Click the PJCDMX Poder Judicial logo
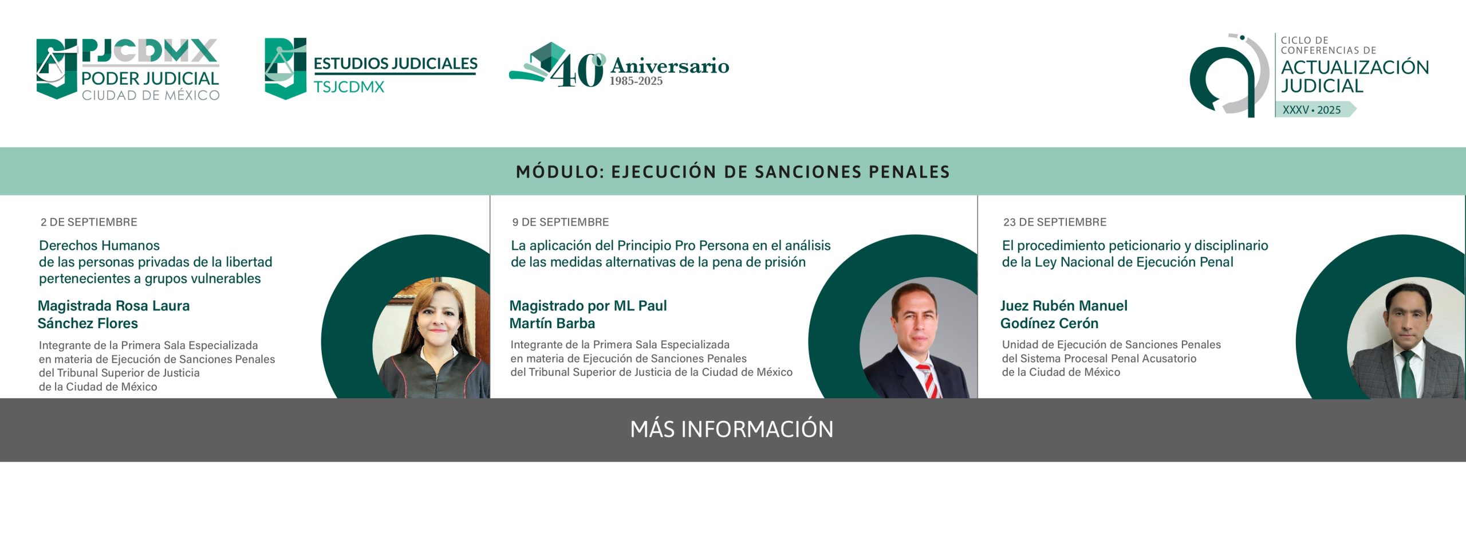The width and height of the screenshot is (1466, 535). tap(128, 69)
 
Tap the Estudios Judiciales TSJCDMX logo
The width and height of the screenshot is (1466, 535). tap(371, 69)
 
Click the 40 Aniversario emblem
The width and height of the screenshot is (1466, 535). tap(619, 65)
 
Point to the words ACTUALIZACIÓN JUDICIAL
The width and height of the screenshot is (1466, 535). tap(1355, 76)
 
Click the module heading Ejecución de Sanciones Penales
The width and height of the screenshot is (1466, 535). tap(733, 172)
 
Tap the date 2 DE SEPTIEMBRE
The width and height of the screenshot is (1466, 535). tap(89, 222)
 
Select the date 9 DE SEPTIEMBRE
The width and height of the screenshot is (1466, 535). tap(561, 222)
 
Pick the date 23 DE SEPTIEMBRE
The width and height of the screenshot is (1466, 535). tap(1055, 222)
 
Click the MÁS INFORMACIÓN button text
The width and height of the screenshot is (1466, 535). tap(732, 430)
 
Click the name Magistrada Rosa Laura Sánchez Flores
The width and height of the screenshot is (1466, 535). tap(113, 314)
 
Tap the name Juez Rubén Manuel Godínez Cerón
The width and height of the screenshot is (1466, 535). tap(1064, 314)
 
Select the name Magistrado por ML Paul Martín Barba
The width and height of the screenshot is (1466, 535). tap(588, 314)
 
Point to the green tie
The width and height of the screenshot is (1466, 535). tap(1409, 375)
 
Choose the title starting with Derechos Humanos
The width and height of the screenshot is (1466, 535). tap(156, 262)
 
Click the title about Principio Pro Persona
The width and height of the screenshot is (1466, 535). tap(671, 254)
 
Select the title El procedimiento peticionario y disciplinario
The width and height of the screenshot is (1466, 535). tap(1135, 254)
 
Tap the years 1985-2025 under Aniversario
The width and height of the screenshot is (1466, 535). tap(636, 81)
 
